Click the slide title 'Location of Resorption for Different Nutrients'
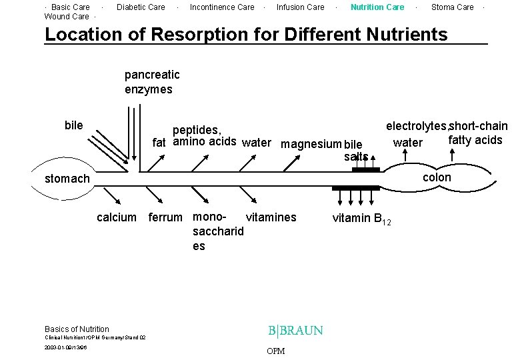(x=245, y=34)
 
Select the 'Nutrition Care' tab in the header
(x=377, y=7)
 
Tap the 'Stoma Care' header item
(x=452, y=7)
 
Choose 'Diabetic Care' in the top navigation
(x=141, y=7)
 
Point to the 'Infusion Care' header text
(x=300, y=7)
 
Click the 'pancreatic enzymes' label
(x=152, y=82)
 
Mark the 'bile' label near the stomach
(x=74, y=125)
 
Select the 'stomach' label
(x=67, y=179)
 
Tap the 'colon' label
(x=437, y=177)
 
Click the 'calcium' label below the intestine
(x=117, y=217)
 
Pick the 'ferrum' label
(x=165, y=217)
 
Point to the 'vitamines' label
(x=271, y=217)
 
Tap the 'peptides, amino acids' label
(x=204, y=135)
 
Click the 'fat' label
(x=159, y=142)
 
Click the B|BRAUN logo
(x=295, y=331)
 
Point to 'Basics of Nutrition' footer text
(x=77, y=329)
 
